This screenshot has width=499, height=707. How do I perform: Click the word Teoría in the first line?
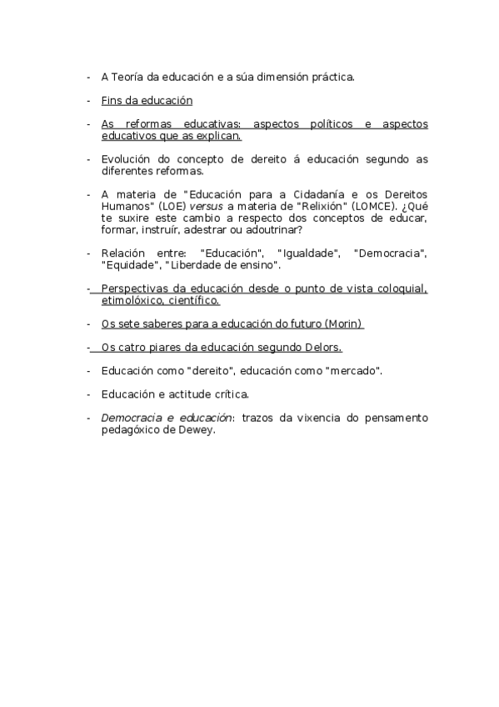126,78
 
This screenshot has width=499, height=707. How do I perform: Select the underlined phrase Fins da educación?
147,101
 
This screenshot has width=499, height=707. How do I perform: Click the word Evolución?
126,159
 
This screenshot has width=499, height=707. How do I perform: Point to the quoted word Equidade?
130,265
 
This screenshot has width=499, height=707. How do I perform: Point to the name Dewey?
197,429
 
